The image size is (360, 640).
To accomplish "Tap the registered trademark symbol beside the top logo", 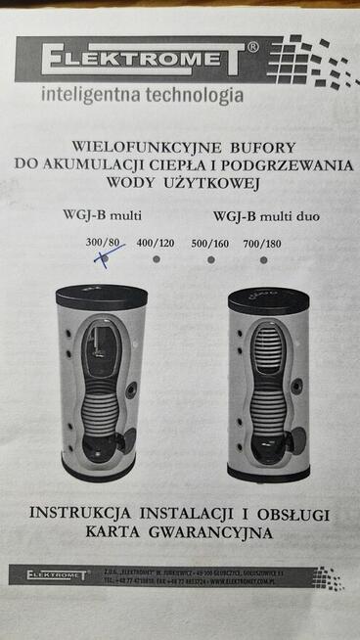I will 253,46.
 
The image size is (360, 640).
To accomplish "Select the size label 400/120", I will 155,243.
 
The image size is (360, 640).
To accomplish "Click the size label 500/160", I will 210,243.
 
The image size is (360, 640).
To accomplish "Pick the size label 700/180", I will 263,243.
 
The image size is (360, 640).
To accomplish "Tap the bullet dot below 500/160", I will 210,260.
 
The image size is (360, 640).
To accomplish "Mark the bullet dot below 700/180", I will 263,260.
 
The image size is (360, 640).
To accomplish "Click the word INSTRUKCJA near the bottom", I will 88,513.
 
